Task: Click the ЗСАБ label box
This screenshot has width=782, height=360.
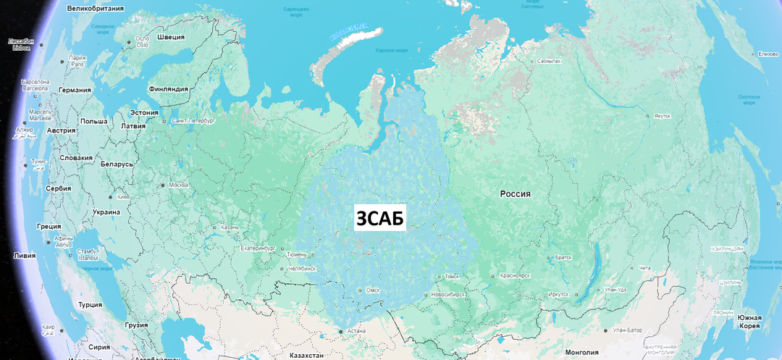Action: (380, 217)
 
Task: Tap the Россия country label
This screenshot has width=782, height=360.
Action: (516, 194)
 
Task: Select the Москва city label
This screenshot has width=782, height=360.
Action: (179, 185)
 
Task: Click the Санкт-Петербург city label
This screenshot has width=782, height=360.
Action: (193, 121)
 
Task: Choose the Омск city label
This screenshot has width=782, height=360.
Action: (373, 290)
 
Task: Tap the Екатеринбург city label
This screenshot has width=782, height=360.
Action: (258, 248)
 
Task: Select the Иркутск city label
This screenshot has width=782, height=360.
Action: (558, 294)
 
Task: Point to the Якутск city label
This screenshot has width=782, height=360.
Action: (662, 116)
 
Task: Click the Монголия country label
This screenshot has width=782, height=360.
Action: (581, 353)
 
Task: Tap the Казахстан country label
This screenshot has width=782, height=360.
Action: (307, 356)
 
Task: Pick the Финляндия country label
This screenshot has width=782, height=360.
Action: (168, 89)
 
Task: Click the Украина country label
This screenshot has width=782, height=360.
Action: (106, 212)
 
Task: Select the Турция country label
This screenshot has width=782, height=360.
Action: (90, 305)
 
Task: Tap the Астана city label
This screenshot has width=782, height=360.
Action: (356, 332)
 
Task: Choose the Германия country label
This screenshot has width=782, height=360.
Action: (75, 91)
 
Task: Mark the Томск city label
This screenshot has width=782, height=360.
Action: (451, 276)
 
